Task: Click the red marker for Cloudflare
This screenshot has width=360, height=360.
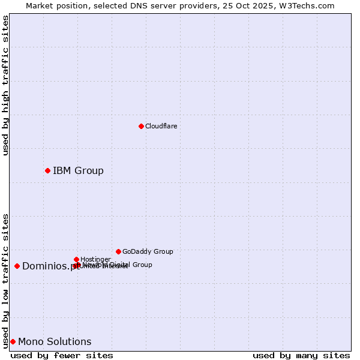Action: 141,126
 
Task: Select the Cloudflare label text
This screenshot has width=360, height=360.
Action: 161,126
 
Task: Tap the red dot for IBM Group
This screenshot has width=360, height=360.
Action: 47,170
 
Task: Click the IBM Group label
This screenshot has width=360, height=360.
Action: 78,171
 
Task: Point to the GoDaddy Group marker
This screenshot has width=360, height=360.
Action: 118,251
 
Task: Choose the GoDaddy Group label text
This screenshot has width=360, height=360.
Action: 148,252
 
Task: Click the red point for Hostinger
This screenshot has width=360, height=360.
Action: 76,259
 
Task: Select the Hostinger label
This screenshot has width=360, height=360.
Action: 95,259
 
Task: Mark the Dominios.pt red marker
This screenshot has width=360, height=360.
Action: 17,266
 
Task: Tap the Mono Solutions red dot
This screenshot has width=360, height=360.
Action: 13,341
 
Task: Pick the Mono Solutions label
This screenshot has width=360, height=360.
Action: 55,342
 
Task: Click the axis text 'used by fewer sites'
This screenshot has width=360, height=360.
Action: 62,355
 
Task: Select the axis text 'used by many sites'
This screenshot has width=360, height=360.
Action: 301,355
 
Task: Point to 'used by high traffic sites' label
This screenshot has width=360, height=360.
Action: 6,85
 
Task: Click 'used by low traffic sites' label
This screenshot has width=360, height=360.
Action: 6,280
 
